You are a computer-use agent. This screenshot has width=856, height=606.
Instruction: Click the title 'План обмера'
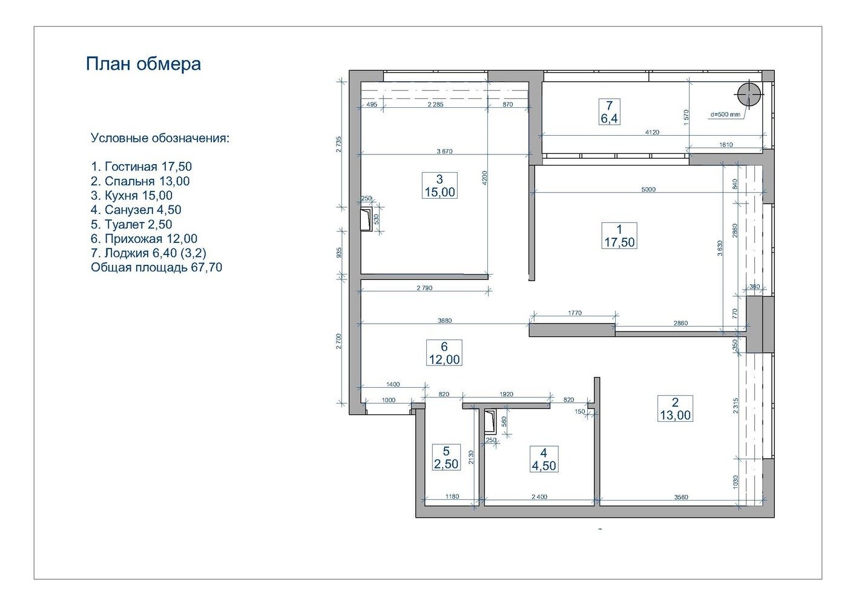point(143,64)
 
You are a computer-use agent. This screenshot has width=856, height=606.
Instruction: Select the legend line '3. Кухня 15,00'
point(131,196)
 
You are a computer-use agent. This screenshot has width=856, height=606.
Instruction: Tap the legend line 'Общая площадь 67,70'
point(156,267)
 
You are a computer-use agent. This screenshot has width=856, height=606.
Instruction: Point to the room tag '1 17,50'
point(619,236)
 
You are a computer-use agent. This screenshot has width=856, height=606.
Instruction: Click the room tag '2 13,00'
point(675,408)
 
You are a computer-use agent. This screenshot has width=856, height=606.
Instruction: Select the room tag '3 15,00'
point(440,185)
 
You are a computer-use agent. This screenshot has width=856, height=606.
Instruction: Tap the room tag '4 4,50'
point(544,459)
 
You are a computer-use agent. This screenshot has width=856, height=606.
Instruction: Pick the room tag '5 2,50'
point(446,457)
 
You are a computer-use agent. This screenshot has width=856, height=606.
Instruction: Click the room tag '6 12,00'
point(444,353)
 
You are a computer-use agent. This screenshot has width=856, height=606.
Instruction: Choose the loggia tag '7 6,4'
point(609,112)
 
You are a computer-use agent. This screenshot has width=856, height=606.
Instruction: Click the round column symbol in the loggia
point(749,95)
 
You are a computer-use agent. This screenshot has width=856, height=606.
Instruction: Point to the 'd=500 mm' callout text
point(725,115)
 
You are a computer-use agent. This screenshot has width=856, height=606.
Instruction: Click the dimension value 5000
point(648,189)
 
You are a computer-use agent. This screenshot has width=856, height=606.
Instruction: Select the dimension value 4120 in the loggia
point(652,132)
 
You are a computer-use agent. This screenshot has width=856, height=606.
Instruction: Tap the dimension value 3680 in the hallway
point(444,321)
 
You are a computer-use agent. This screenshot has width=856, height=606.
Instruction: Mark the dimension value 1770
point(575,313)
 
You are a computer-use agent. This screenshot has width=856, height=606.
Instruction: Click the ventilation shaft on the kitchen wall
point(366,219)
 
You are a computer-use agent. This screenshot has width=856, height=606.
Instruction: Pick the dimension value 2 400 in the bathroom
point(539,497)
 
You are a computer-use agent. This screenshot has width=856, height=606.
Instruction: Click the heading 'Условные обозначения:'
point(160,138)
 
